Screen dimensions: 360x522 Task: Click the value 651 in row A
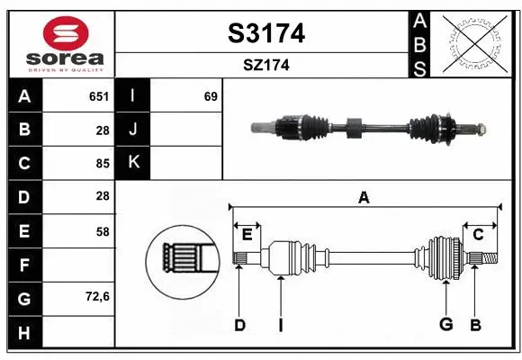(x=98, y=96)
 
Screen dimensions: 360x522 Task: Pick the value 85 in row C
(x=102, y=163)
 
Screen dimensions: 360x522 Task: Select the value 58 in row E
(x=102, y=231)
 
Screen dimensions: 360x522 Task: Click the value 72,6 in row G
(x=97, y=296)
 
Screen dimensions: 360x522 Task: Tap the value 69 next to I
(x=211, y=96)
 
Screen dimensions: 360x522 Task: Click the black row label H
(x=24, y=332)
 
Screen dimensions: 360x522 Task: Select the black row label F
(x=24, y=265)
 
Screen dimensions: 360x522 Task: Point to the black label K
(x=133, y=163)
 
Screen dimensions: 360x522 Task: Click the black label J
(x=133, y=130)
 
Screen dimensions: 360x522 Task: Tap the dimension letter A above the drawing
(x=364, y=197)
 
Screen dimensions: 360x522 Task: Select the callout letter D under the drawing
(x=239, y=325)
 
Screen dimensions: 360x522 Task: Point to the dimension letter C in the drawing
(x=479, y=235)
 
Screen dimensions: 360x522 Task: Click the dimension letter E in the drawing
(x=247, y=235)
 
